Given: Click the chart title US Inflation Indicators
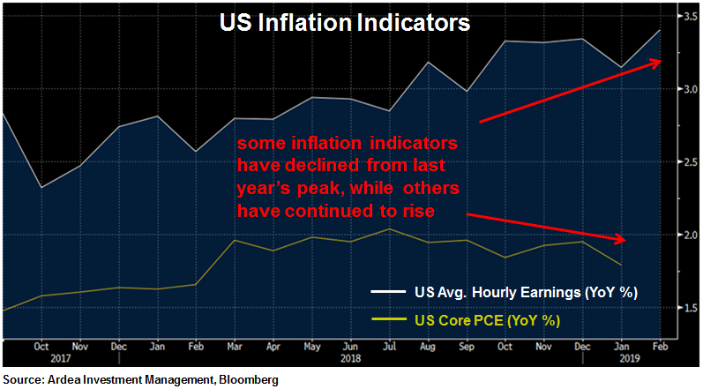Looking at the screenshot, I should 345,23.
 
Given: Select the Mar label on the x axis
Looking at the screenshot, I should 234,347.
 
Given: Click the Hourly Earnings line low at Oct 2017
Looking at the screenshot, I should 41,187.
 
